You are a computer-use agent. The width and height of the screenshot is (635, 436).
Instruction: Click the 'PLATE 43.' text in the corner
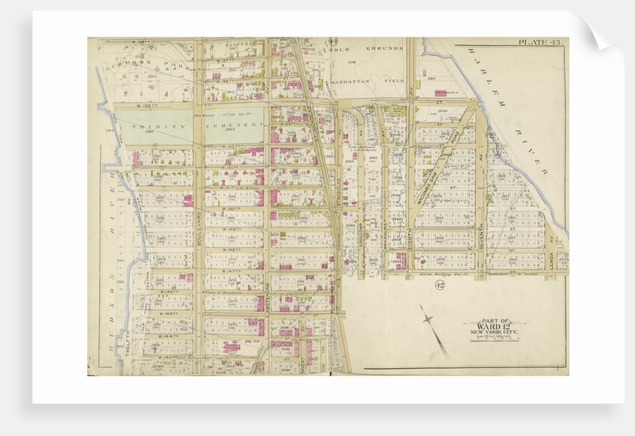coord(540,43)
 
